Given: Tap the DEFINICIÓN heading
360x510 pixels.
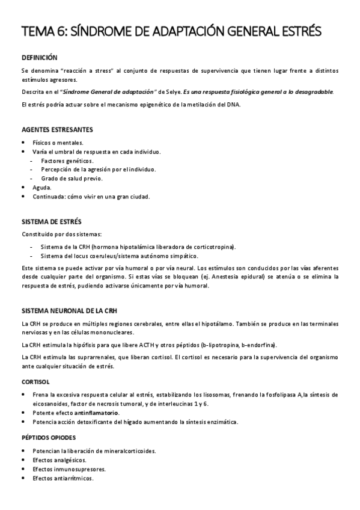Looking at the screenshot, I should click(x=39, y=58).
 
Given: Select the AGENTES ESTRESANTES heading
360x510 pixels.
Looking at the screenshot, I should click(x=57, y=129).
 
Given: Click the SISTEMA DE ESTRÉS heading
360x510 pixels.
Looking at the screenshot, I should click(x=51, y=222).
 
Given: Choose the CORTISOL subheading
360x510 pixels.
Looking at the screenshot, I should click(x=35, y=382).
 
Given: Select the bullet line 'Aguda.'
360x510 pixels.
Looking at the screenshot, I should click(x=42, y=187).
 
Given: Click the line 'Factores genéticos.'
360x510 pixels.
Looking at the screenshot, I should click(x=67, y=161).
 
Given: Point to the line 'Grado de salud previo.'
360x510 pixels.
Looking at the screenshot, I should click(x=72, y=178).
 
